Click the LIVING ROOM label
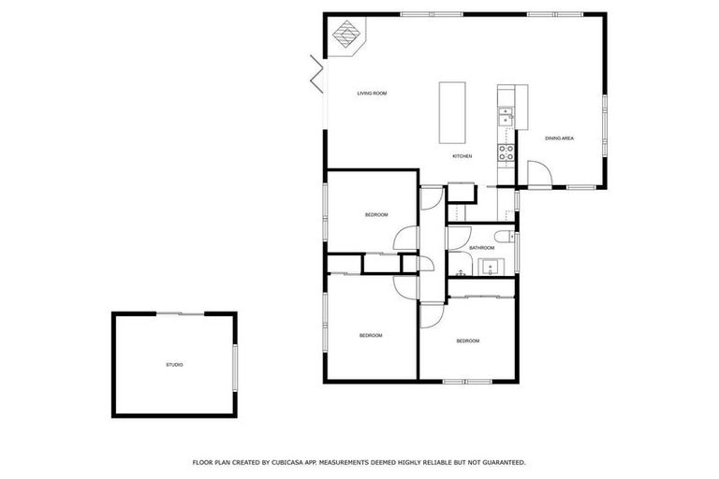coord(372,94)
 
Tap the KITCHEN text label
coord(462,156)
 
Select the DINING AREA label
coord(559,138)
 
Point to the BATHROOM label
coord(481,248)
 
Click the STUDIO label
coord(174,365)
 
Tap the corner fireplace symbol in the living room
coord(347,36)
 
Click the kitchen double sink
coord(505,116)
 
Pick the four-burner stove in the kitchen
coord(506,152)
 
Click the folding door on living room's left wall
coord(317,73)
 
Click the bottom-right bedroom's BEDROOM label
coord(467,341)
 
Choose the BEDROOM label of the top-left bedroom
coord(376,216)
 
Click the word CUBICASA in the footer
coord(294,462)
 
